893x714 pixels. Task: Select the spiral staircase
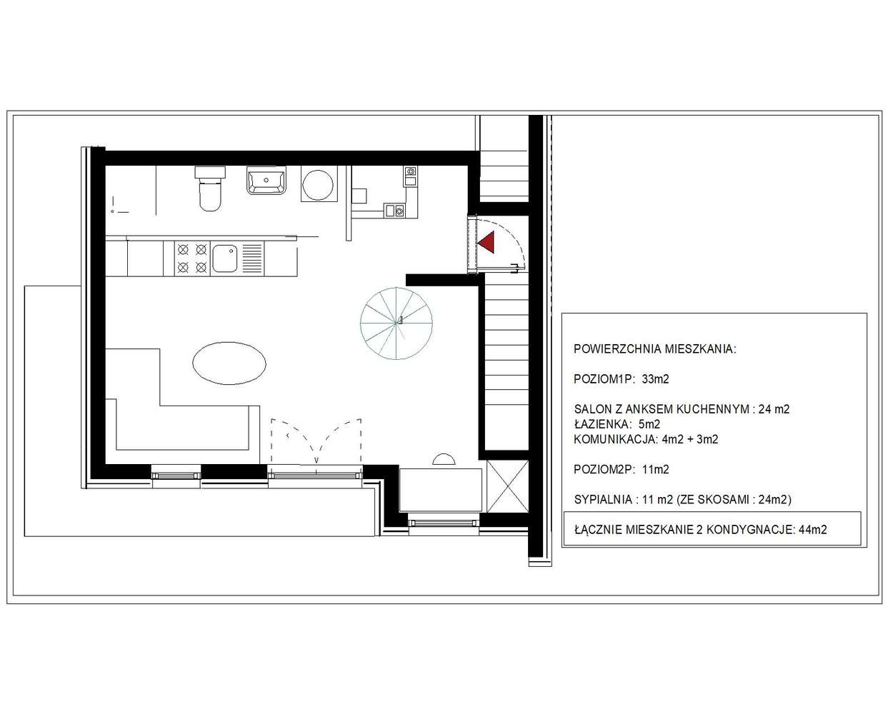(396, 322)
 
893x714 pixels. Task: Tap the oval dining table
(230, 363)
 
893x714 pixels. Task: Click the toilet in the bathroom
(210, 189)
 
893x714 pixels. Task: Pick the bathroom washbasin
(266, 181)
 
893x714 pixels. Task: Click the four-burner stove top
(192, 258)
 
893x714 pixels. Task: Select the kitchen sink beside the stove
(226, 258)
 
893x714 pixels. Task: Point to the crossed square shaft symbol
(507, 488)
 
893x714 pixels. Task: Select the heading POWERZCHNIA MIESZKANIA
(654, 349)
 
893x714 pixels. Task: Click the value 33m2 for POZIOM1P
(655, 379)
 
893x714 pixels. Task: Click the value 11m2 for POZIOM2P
(655, 470)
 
